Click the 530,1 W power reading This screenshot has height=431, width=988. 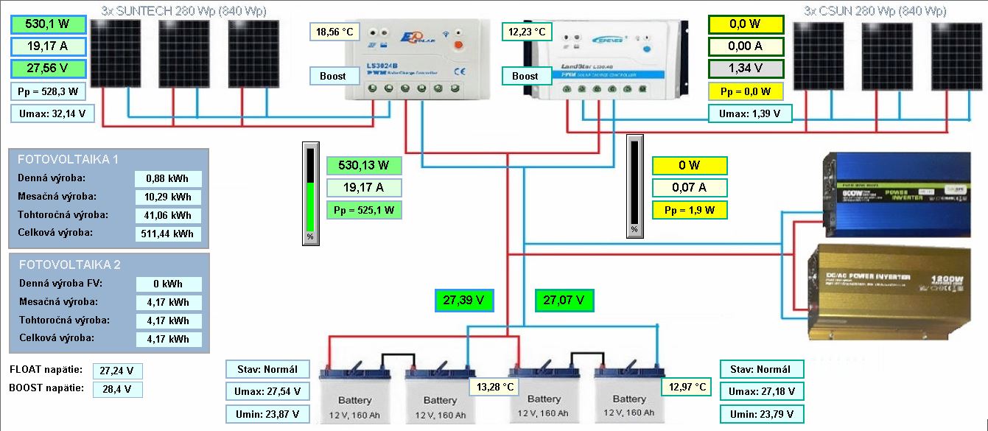click(x=49, y=24)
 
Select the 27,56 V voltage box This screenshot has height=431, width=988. click(x=49, y=69)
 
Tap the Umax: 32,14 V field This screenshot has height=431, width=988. click(x=49, y=114)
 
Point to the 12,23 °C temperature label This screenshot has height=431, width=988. click(x=527, y=32)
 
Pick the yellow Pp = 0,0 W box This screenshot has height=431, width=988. click(x=745, y=91)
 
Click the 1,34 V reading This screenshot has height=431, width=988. click(x=745, y=69)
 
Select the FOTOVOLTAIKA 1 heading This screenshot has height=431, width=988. click(x=68, y=159)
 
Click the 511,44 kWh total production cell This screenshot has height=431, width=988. click(x=168, y=234)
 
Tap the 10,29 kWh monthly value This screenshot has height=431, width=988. click(x=168, y=197)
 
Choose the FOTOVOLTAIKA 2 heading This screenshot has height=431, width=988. click(x=69, y=264)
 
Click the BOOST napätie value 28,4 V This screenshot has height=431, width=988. click(x=118, y=389)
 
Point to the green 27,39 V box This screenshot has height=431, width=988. click(x=463, y=300)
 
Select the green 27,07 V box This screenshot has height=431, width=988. click(x=564, y=300)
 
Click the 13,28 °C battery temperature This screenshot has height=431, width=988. click(x=495, y=387)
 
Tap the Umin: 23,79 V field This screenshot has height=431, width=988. click(x=762, y=413)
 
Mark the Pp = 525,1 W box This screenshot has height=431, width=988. click(x=364, y=210)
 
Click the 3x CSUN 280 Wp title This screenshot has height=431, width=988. click(x=875, y=11)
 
